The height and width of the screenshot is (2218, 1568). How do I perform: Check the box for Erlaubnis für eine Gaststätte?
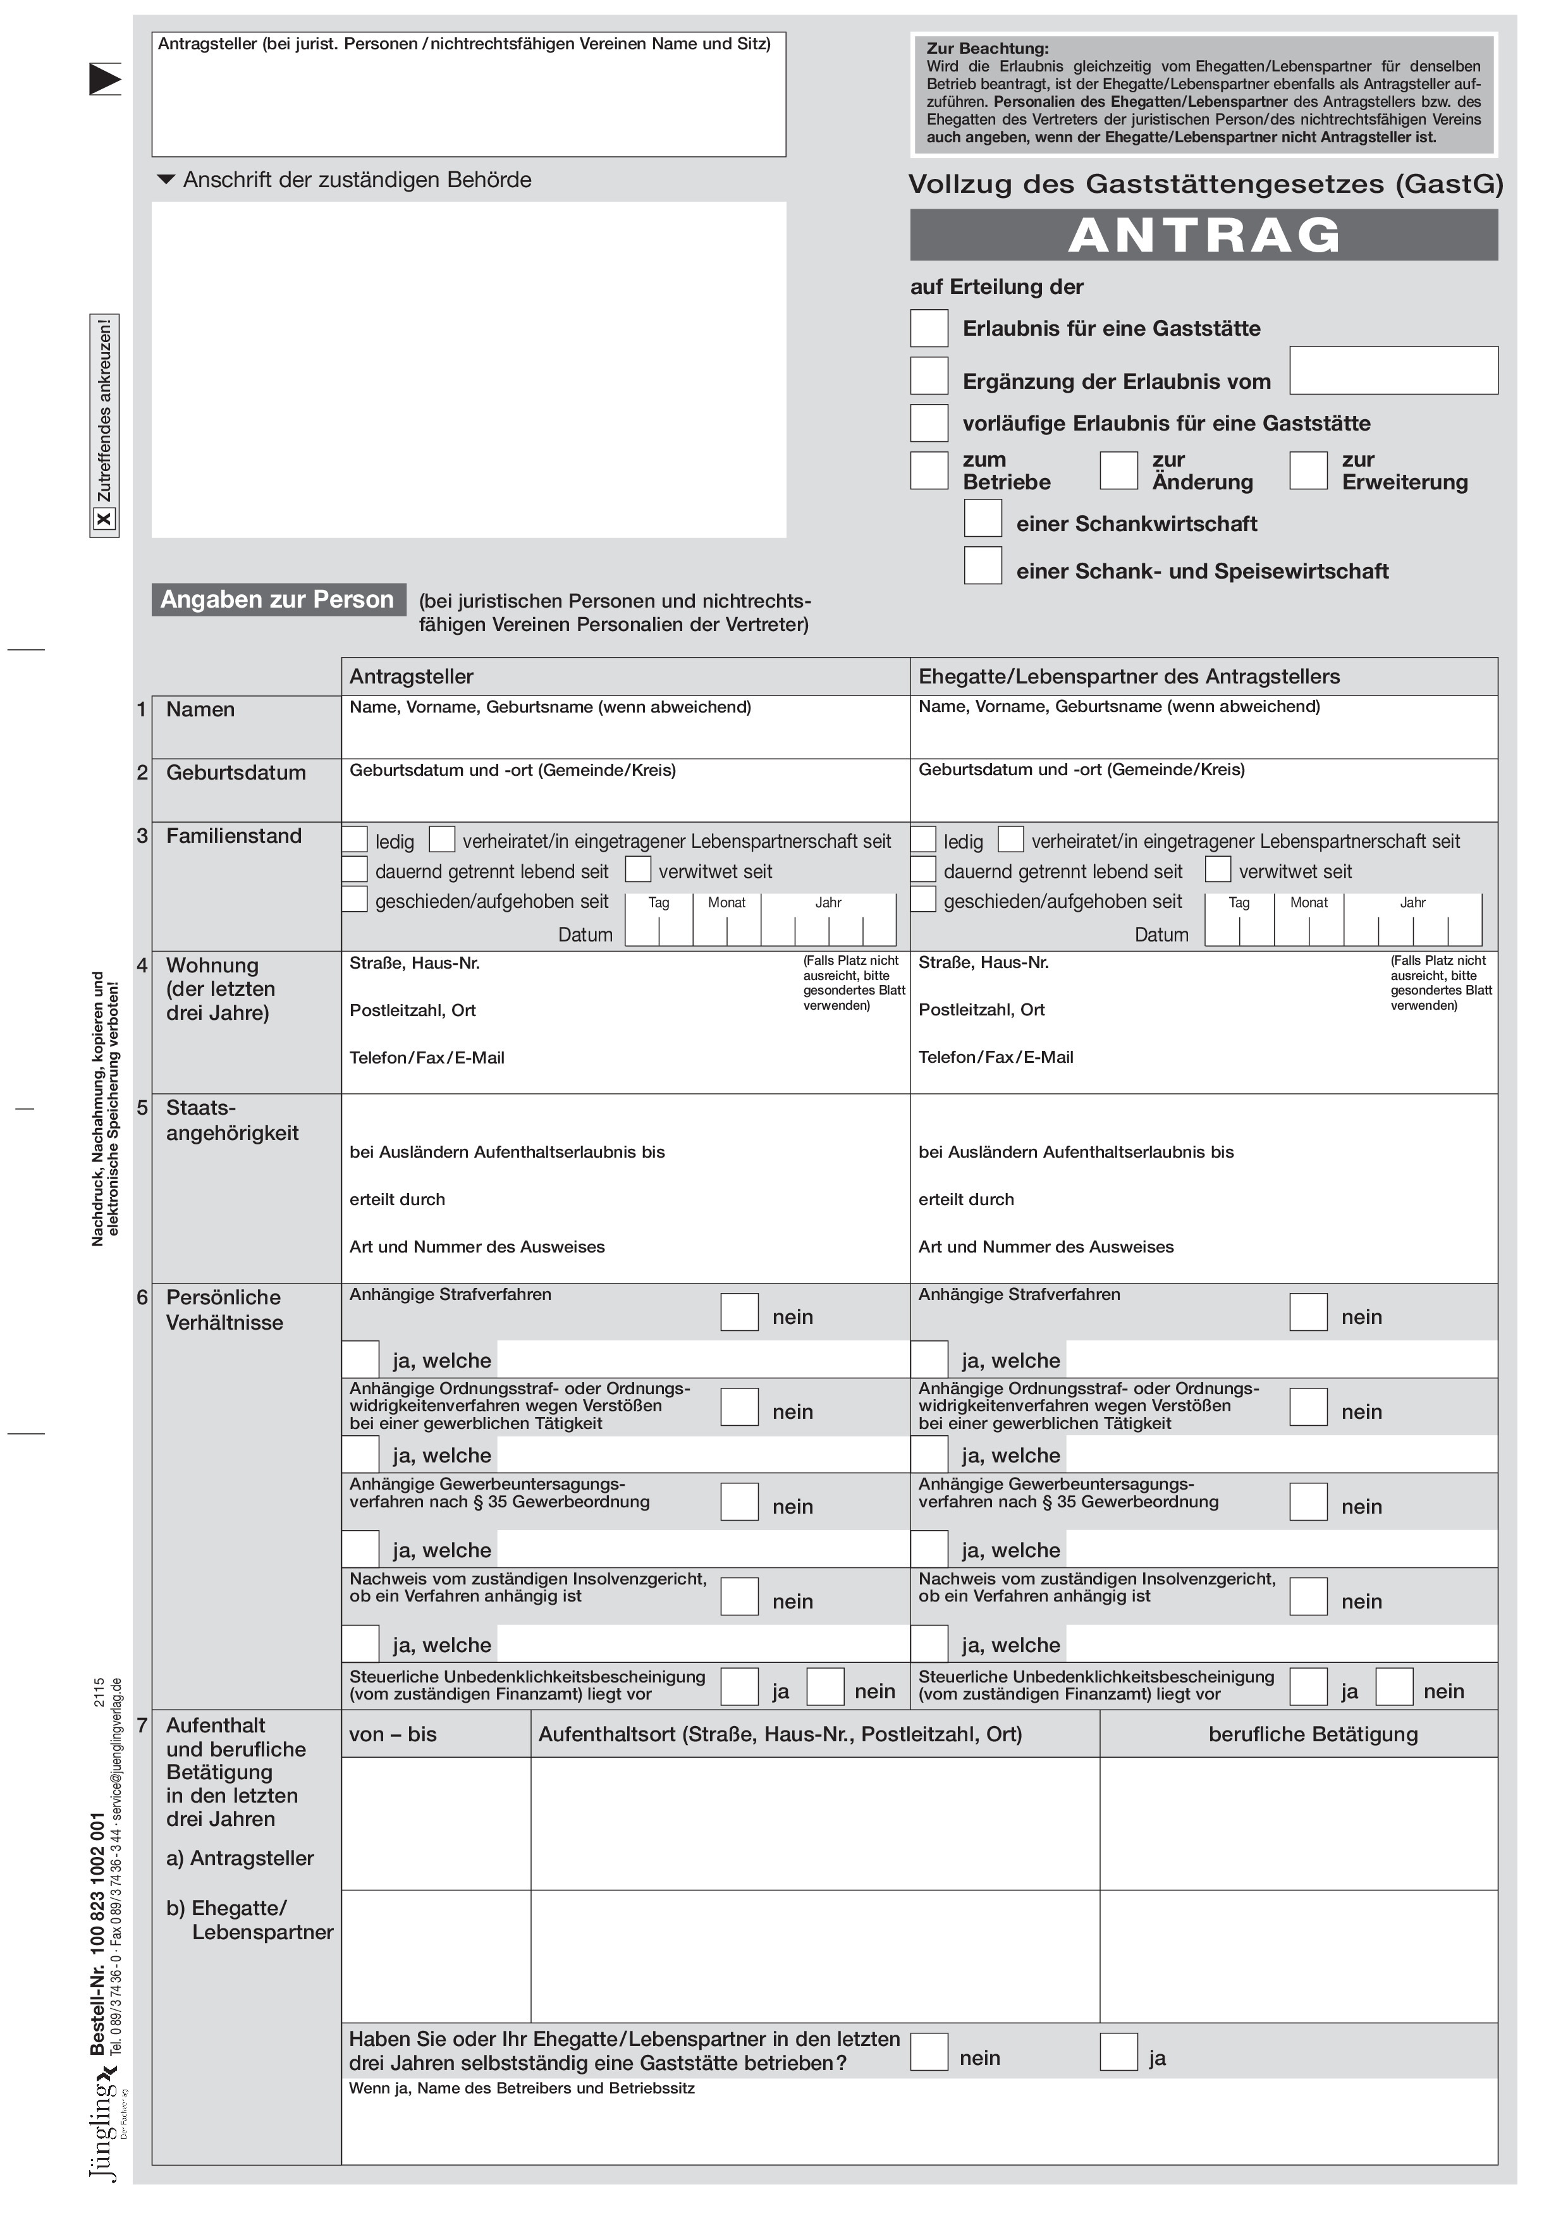(928, 328)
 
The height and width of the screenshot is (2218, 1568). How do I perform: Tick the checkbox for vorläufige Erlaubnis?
(928, 423)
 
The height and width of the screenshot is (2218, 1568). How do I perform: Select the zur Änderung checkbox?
(1118, 470)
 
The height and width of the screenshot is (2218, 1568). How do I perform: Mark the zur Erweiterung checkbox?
(1307, 470)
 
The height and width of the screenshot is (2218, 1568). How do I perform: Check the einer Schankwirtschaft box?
(983, 518)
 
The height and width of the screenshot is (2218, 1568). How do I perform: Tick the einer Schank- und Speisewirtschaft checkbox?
(983, 566)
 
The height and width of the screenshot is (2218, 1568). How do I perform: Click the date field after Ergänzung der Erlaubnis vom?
(1393, 370)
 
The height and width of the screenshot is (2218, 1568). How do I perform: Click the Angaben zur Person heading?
(278, 600)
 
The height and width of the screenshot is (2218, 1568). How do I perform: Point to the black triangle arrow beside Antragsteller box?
(104, 78)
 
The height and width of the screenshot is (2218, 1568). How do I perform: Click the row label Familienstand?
(234, 836)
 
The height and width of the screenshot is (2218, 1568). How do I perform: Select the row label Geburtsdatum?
(236, 773)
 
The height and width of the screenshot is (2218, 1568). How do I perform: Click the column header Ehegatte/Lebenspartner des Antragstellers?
(1129, 677)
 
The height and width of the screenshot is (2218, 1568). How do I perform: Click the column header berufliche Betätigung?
(1312, 1734)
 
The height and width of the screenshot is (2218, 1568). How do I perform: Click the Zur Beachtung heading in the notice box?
(986, 48)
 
